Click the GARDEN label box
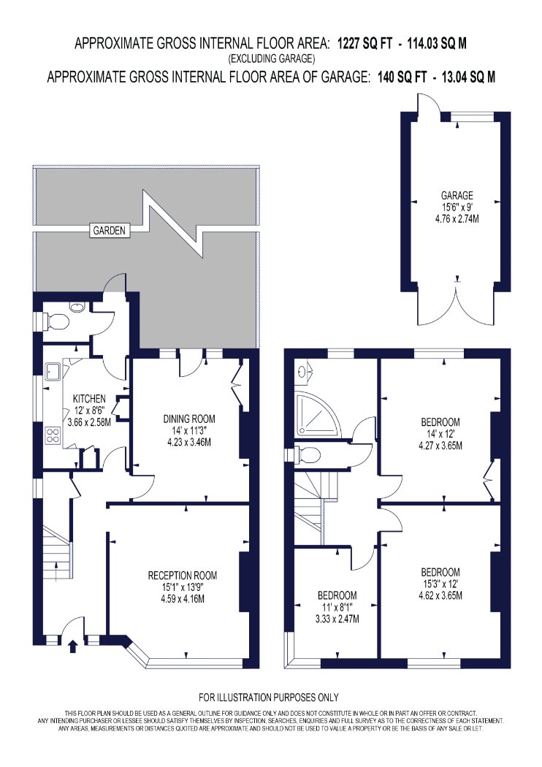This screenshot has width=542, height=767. pos(110,230)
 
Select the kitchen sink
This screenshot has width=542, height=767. pos(53,372)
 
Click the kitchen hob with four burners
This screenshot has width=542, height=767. pos(53,435)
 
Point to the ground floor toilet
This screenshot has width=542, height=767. pos(55,321)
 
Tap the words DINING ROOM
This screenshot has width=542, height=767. pos(188,419)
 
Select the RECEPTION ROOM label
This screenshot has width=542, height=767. pos(183,576)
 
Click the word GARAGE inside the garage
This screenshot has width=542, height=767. pos(457,196)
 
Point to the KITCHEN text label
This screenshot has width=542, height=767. pos(89,399)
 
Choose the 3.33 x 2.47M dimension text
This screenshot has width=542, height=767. pos(337,619)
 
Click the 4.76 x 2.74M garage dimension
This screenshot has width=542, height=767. pos(457,219)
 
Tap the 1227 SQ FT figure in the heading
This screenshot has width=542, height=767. pos(365,44)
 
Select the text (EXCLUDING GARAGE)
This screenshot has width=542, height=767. pos(271,59)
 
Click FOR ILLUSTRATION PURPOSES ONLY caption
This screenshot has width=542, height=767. pos(269,698)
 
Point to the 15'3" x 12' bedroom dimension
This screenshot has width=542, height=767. pos(440,584)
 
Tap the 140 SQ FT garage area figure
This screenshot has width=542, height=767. pos(402,77)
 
